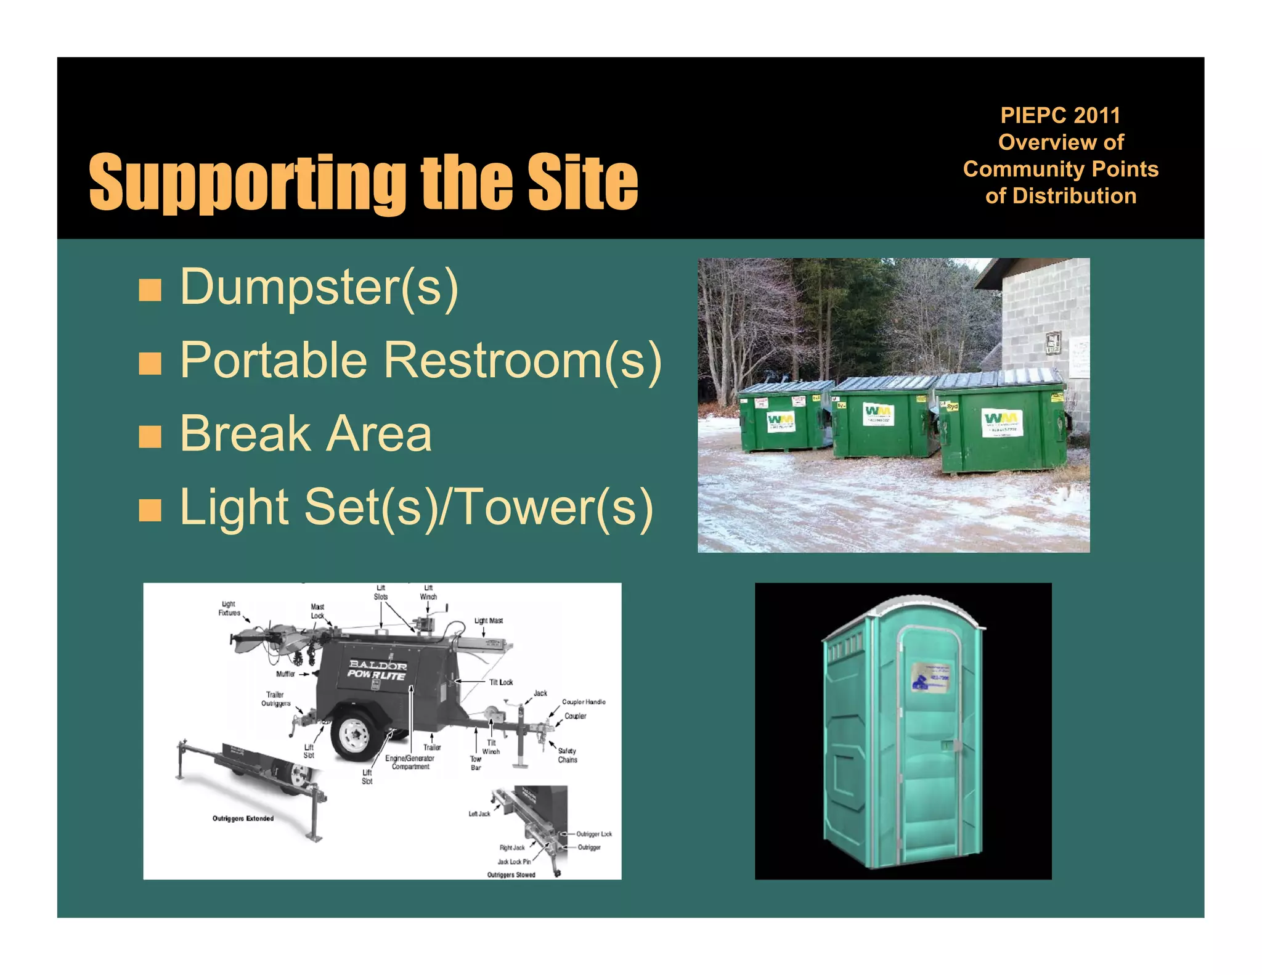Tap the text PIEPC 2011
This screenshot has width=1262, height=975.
(1060, 115)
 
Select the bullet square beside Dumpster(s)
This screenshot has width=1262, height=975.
(150, 290)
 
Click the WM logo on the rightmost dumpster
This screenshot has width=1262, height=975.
(1001, 422)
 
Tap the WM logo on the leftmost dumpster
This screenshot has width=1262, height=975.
(780, 422)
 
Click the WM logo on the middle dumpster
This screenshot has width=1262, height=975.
(877, 413)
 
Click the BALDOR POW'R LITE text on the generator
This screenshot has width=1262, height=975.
(377, 670)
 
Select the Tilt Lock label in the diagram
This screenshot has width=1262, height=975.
(501, 682)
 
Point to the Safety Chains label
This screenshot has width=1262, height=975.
(568, 755)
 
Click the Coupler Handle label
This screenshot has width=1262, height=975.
(584, 702)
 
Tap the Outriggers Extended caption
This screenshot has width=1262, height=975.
(243, 818)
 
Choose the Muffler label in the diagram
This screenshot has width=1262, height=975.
(285, 674)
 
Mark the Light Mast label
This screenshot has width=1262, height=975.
(489, 621)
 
